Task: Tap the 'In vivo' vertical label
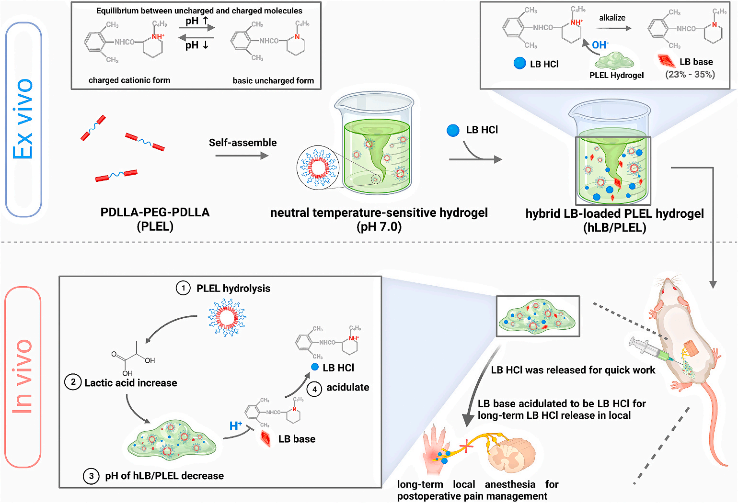coord(23,377)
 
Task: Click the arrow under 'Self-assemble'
coord(242,156)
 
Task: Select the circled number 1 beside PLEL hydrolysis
coord(183,288)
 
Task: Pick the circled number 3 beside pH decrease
coord(91,476)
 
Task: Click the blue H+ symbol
coord(236,426)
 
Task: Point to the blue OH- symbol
coord(600,45)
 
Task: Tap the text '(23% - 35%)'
coord(690,75)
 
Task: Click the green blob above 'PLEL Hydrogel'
coord(614,61)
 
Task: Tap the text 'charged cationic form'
coord(129,80)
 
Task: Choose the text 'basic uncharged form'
coord(273,80)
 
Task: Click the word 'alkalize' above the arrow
coord(612,18)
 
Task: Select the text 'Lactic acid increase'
coord(130,383)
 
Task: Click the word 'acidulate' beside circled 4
coord(347,388)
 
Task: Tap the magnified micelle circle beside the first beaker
coord(318,168)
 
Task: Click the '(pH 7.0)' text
coord(379,227)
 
